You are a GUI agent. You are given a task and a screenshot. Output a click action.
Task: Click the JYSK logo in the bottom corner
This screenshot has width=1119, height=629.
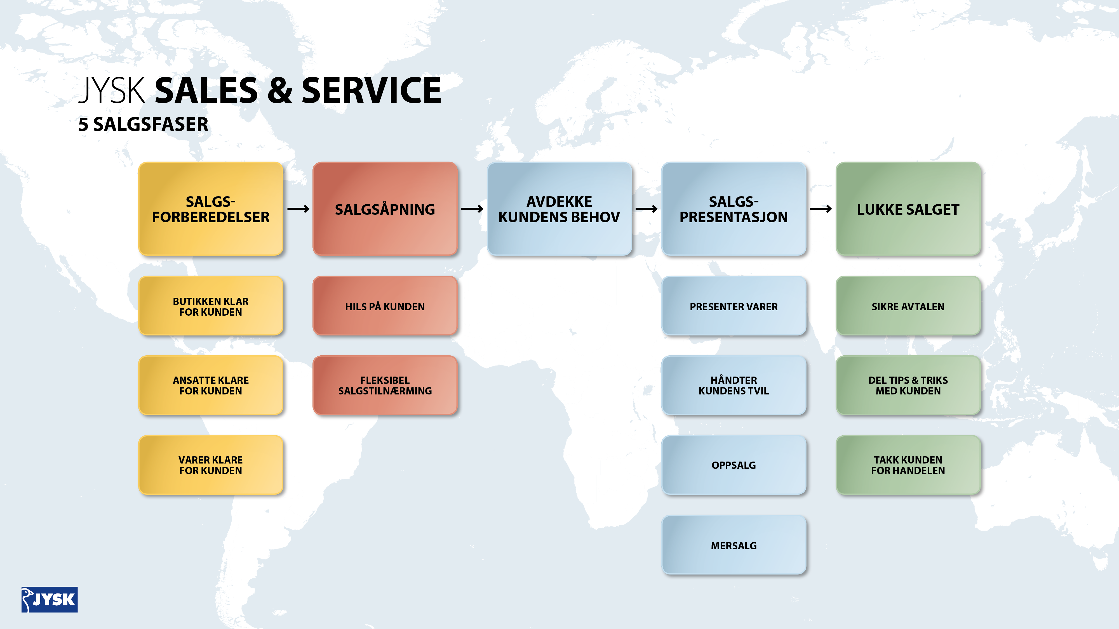(x=50, y=599)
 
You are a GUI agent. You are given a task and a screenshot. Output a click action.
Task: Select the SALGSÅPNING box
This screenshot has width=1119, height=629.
(x=385, y=209)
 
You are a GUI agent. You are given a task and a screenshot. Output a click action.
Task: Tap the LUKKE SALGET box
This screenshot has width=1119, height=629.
(x=908, y=209)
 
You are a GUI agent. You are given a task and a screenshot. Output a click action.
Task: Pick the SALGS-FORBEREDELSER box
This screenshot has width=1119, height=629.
(x=211, y=209)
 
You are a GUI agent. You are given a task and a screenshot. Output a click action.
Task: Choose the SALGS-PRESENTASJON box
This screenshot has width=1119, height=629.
(x=734, y=209)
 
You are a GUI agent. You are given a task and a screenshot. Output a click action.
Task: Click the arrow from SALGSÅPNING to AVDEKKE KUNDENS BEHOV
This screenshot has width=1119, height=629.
(x=472, y=209)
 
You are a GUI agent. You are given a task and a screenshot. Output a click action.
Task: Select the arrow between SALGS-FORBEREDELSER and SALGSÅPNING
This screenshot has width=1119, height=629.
(x=298, y=209)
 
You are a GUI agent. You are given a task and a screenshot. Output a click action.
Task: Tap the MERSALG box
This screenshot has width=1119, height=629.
(x=734, y=545)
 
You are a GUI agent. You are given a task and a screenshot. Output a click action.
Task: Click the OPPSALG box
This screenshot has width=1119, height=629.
(x=734, y=465)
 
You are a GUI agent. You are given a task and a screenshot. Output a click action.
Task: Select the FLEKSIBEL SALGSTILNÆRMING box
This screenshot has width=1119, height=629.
(x=385, y=385)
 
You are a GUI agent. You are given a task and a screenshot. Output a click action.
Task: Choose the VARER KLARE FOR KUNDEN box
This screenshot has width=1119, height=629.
(x=211, y=465)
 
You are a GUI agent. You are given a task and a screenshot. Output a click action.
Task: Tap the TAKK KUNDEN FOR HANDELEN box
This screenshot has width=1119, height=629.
(x=908, y=465)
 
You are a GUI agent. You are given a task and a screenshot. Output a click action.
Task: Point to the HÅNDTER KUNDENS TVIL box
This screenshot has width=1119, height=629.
(x=734, y=385)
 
